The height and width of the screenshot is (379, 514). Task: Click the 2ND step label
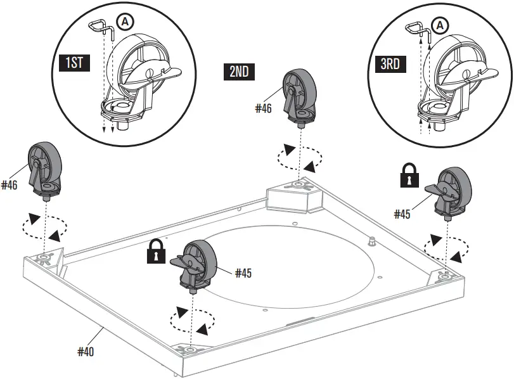[239, 71]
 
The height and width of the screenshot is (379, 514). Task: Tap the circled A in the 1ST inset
[125, 22]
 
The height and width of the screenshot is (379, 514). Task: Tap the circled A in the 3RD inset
[439, 25]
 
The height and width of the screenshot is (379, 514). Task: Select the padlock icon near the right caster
[409, 176]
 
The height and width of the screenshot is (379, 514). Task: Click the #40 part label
[86, 351]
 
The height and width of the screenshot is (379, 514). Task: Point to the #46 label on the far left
[10, 185]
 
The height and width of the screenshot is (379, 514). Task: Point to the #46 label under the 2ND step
[264, 108]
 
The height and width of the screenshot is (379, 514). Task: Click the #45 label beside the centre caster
[244, 273]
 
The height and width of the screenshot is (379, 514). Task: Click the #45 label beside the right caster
[402, 214]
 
